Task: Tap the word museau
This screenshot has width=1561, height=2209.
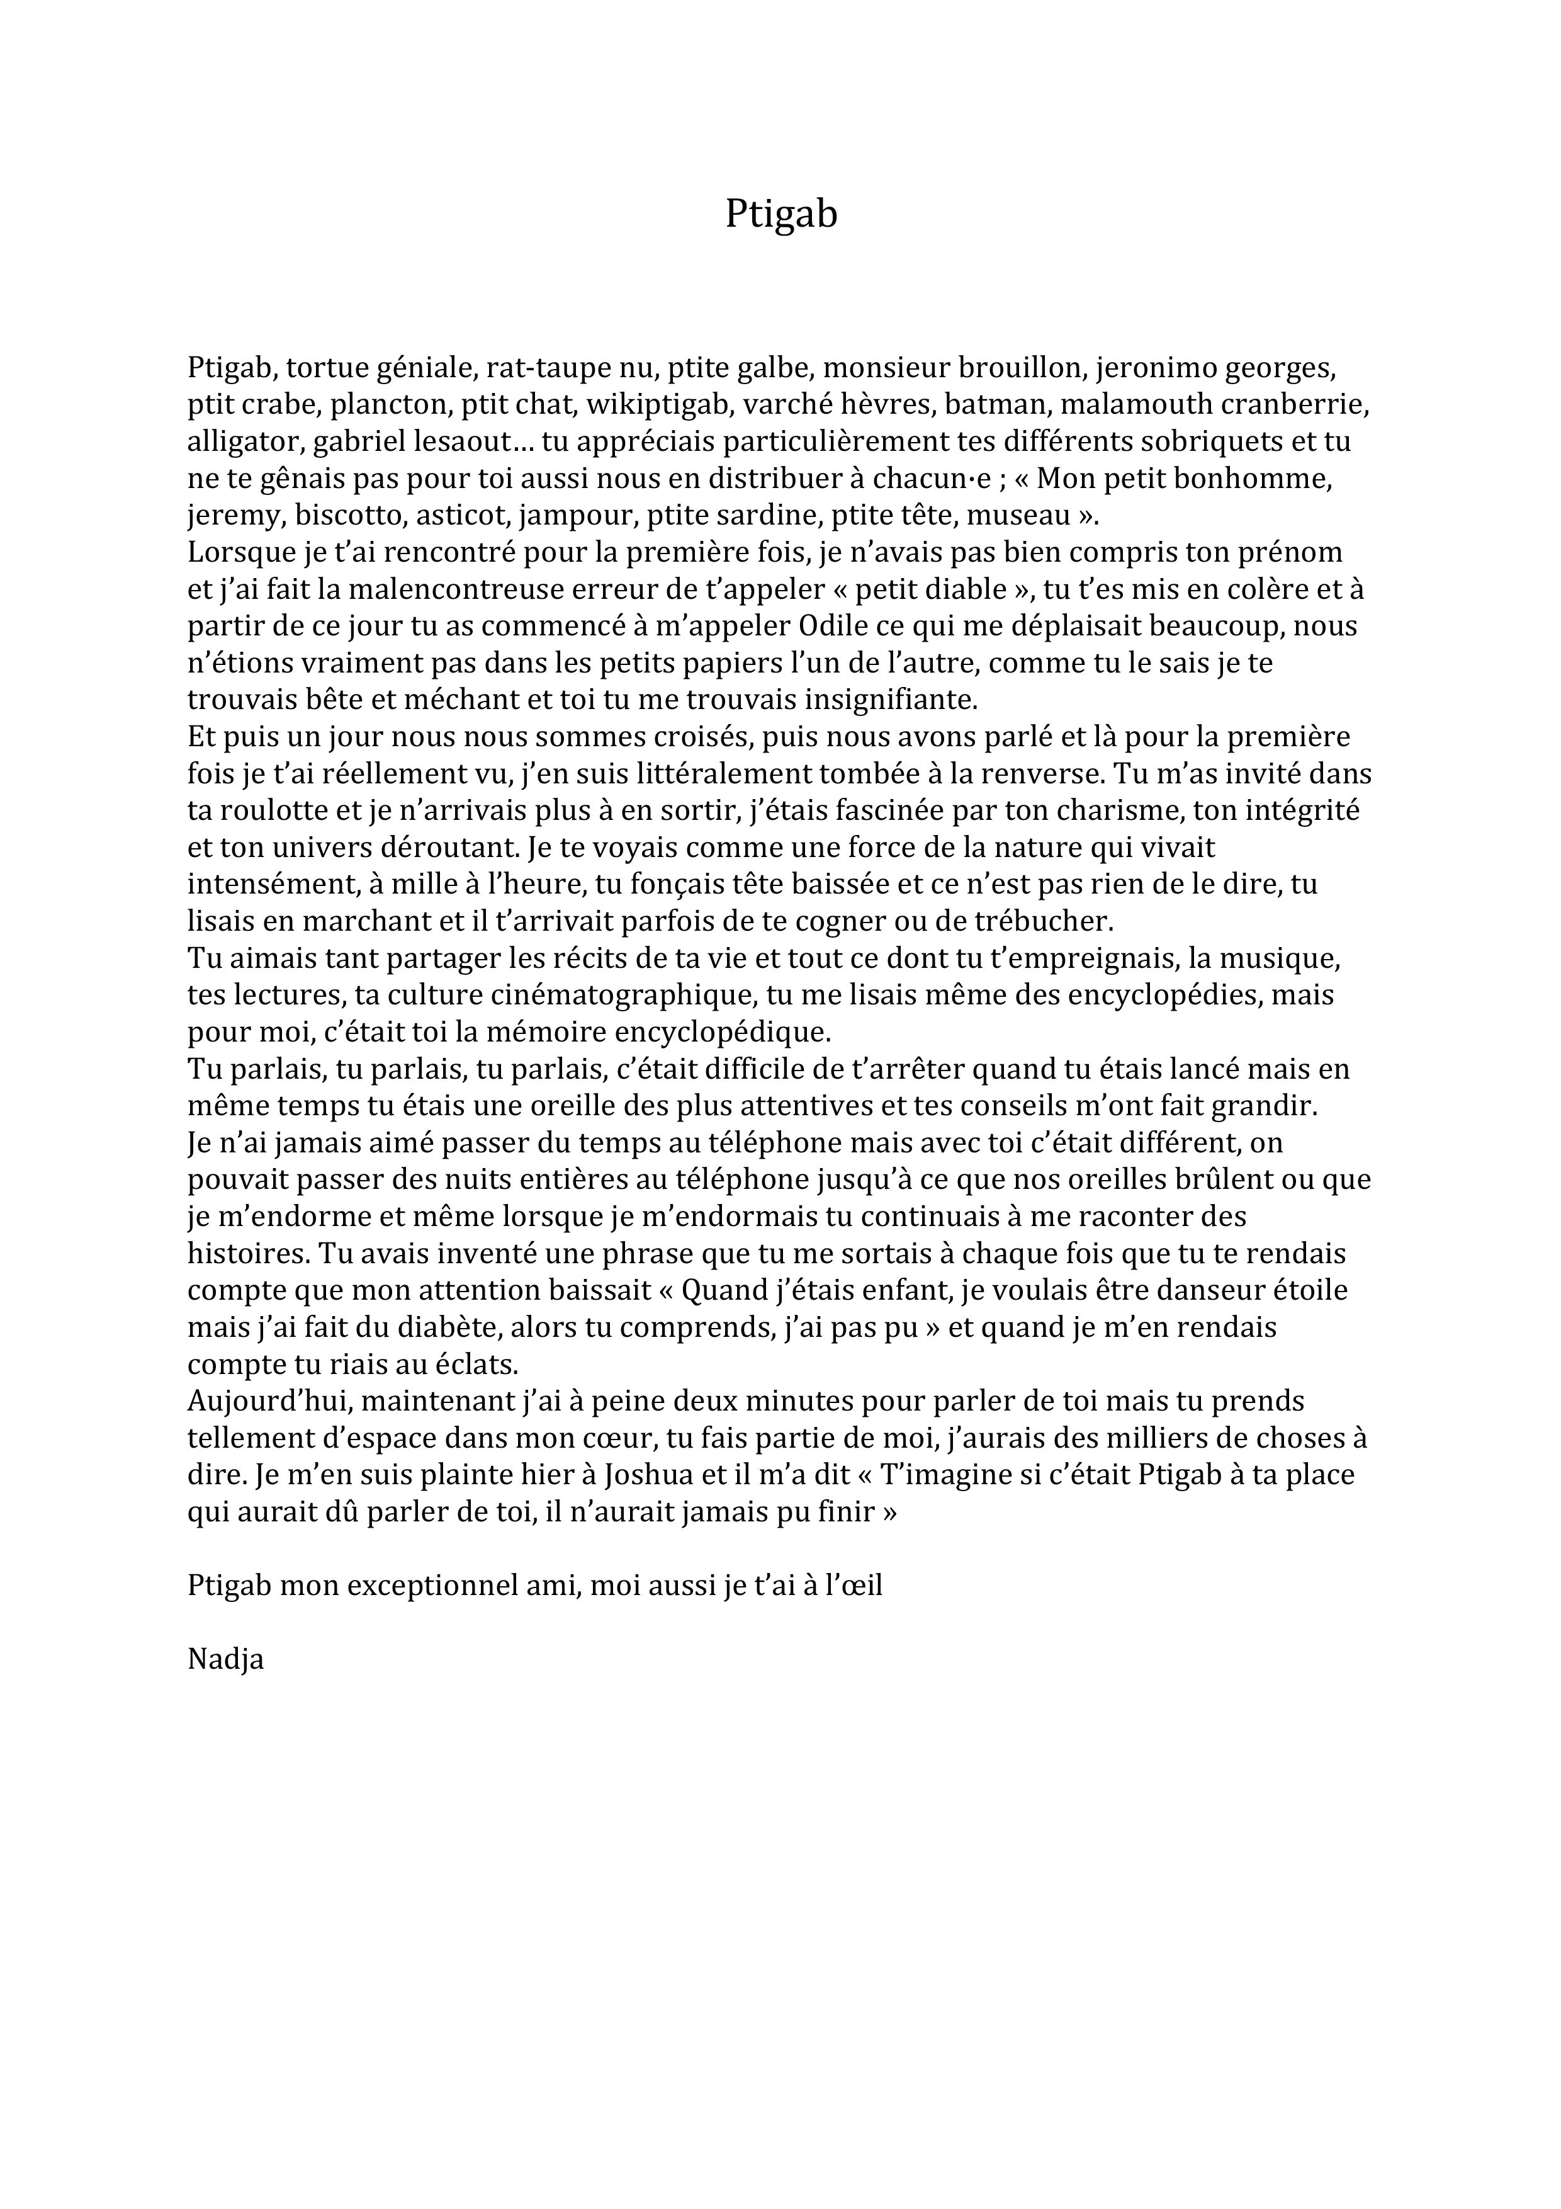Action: [1018, 516]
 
